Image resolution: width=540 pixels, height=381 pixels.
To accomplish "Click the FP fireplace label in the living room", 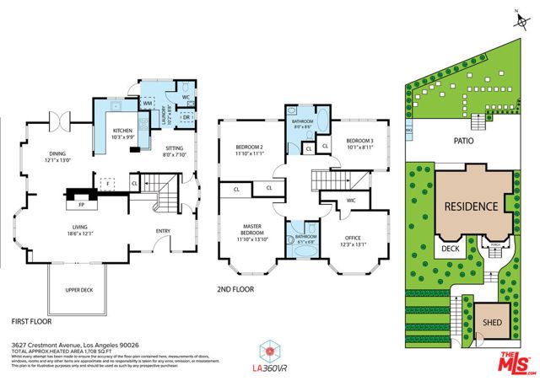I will (82, 204).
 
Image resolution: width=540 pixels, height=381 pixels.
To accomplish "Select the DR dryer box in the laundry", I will (187, 117).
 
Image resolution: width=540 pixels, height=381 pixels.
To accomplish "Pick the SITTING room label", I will (173, 148).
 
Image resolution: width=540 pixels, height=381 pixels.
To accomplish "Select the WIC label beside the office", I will (351, 201).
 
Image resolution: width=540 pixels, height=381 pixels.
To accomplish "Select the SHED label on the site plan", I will (491, 322).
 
